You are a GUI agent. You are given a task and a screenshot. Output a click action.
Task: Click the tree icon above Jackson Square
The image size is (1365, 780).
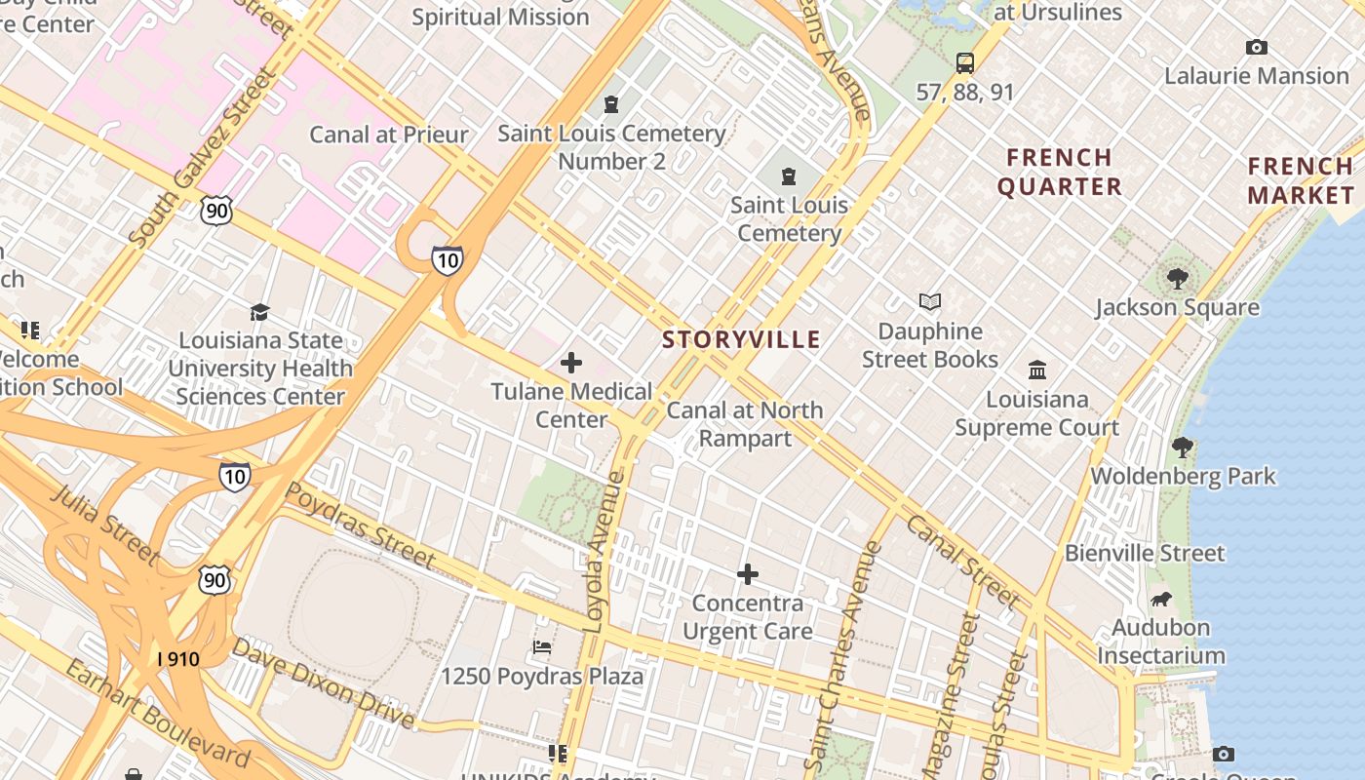(x=1178, y=278)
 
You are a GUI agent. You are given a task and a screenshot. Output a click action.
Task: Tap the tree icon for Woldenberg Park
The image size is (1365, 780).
(x=1183, y=448)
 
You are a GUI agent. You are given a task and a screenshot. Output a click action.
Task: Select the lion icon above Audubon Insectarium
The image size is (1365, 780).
(x=1160, y=599)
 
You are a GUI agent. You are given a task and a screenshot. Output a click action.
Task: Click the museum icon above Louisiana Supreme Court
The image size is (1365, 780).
(x=1037, y=370)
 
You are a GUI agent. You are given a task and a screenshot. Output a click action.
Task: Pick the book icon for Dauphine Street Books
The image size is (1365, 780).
(x=930, y=302)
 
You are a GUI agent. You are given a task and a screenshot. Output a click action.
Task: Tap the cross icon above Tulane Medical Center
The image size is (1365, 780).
(x=571, y=364)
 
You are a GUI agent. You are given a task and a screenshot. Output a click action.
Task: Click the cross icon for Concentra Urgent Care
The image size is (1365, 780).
(x=748, y=574)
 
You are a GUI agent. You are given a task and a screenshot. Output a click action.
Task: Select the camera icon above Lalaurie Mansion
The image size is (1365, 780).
(x=1257, y=47)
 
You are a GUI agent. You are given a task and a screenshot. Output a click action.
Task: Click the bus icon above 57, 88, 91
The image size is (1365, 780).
(x=965, y=63)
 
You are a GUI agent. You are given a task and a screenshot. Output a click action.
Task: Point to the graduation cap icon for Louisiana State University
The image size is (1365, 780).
(x=259, y=312)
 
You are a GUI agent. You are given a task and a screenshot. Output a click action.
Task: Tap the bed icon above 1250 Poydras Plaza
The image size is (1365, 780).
(x=542, y=647)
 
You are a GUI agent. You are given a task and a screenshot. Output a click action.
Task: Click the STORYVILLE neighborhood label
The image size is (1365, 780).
(x=741, y=339)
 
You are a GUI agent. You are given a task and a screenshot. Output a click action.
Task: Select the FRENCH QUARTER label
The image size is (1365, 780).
(x=1060, y=172)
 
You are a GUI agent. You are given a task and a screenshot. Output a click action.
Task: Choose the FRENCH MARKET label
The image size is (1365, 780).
(x=1301, y=180)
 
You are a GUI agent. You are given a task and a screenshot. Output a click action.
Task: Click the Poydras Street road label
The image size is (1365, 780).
(x=360, y=525)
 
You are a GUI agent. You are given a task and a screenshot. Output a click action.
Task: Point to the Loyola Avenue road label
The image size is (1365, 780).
(x=605, y=551)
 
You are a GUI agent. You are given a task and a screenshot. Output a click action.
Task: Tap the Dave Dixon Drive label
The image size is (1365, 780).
(x=323, y=683)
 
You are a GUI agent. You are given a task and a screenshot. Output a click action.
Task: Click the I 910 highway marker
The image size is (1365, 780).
(x=178, y=659)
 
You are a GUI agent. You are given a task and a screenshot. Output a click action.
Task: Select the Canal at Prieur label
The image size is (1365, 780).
(x=389, y=135)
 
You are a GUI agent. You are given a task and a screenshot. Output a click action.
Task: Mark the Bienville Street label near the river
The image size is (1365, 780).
(x=1145, y=553)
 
